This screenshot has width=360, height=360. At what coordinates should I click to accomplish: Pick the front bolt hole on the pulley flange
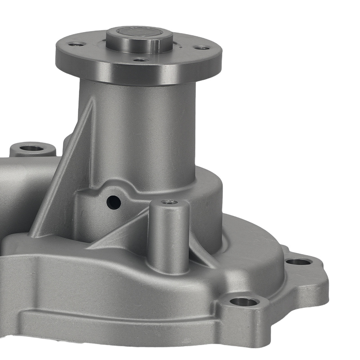click(x=140, y=60)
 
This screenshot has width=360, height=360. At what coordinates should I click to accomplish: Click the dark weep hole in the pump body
click(x=114, y=202)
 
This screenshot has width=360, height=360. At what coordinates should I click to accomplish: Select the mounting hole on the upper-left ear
click(x=31, y=148)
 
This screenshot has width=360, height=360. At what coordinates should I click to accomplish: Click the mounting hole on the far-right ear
click(x=298, y=261)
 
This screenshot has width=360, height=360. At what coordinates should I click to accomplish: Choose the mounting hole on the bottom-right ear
click(x=244, y=302)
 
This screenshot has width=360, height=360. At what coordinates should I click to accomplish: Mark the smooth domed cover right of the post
click(x=248, y=252)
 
